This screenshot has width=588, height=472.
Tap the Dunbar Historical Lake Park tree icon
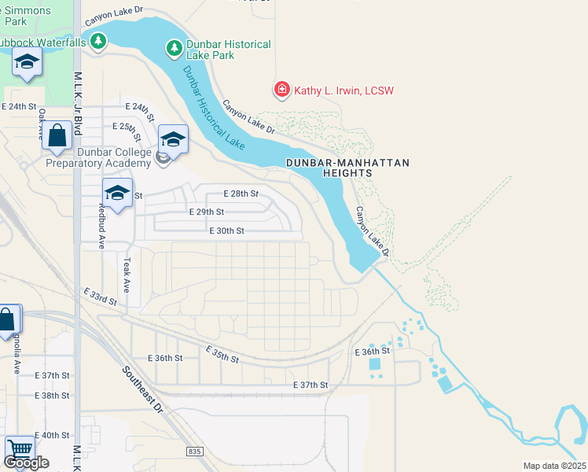pos(175,50)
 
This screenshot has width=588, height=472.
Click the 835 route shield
pos(195,451)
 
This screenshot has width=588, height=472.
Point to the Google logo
pos(26,463)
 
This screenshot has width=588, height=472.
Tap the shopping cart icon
pos(19,449)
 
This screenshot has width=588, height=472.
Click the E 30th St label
pos(227,230)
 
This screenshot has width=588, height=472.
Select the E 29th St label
pos(207,212)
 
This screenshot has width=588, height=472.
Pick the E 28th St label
pos(241,193)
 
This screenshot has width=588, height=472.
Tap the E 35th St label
pos(222,354)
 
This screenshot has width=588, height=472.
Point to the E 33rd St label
pos(101,297)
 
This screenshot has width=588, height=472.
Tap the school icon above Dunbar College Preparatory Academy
pos(173,139)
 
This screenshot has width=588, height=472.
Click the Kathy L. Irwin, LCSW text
pos(344,90)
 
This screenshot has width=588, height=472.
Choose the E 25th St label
pos(130,126)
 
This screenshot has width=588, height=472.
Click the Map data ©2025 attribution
pos(554,466)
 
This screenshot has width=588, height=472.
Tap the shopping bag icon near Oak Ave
pos(57,135)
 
